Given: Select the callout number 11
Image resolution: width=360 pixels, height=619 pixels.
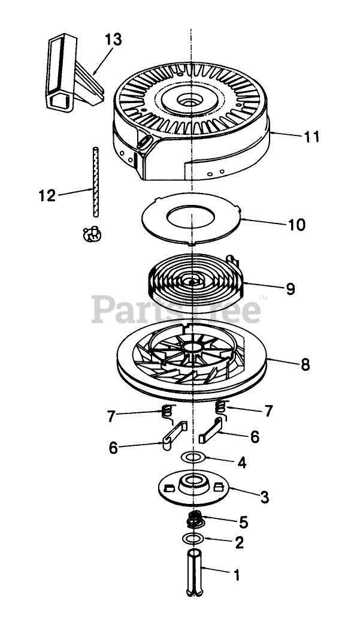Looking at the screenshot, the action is pyautogui.click(x=311, y=137).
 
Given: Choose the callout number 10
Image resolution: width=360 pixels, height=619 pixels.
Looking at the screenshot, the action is pyautogui.click(x=296, y=225).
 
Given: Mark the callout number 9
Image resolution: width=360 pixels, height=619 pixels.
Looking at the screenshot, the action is pyautogui.click(x=291, y=289).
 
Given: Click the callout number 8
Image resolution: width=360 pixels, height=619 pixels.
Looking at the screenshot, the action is pyautogui.click(x=305, y=365).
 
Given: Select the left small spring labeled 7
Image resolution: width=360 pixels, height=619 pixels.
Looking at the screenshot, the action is pyautogui.click(x=168, y=412).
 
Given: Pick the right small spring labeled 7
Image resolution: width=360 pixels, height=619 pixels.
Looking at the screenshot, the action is pyautogui.click(x=221, y=407).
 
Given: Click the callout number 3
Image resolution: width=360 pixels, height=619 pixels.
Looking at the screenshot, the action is pyautogui.click(x=265, y=497).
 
